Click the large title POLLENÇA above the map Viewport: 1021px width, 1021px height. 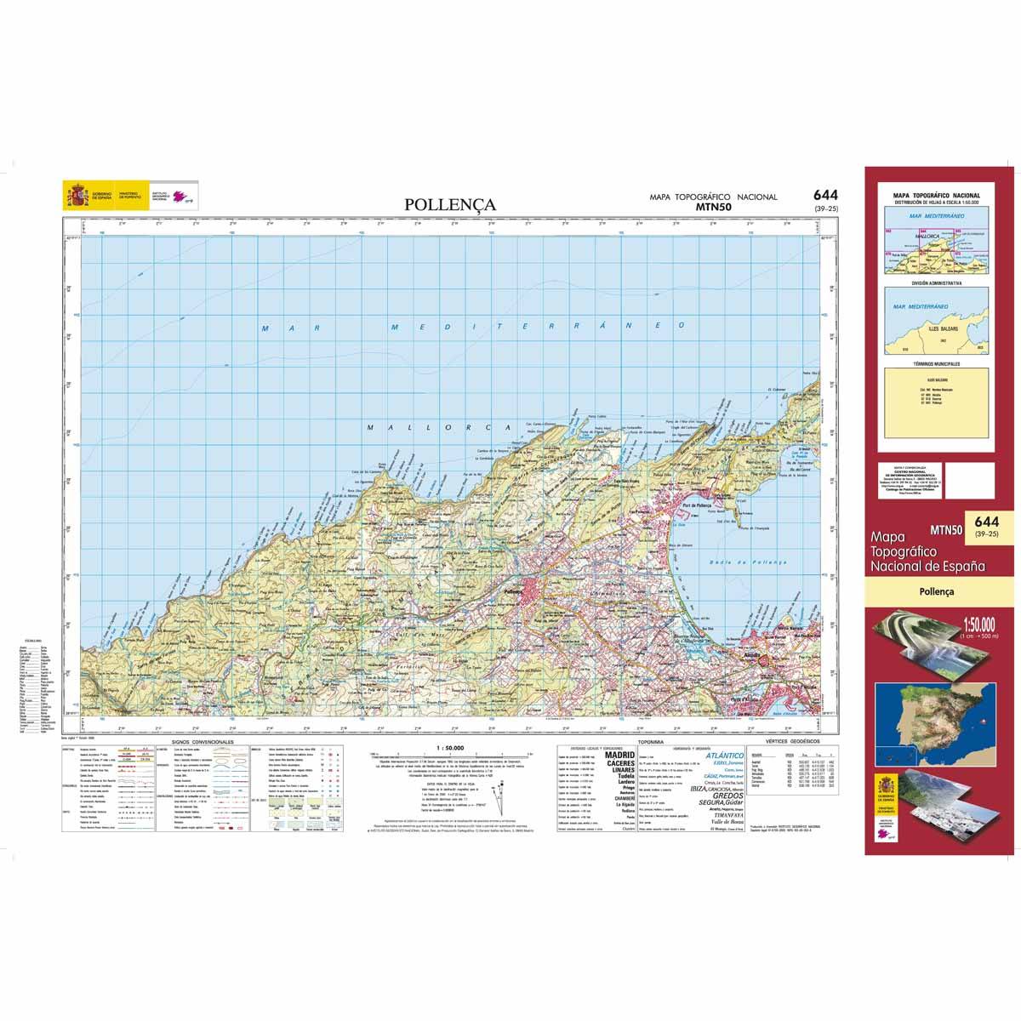[450, 205]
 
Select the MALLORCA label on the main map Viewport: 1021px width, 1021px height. [436, 428]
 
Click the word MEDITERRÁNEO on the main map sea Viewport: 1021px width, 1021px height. [536, 327]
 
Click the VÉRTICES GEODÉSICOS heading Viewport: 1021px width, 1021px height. [790, 742]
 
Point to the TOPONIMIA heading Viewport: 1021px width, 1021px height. [659, 742]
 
